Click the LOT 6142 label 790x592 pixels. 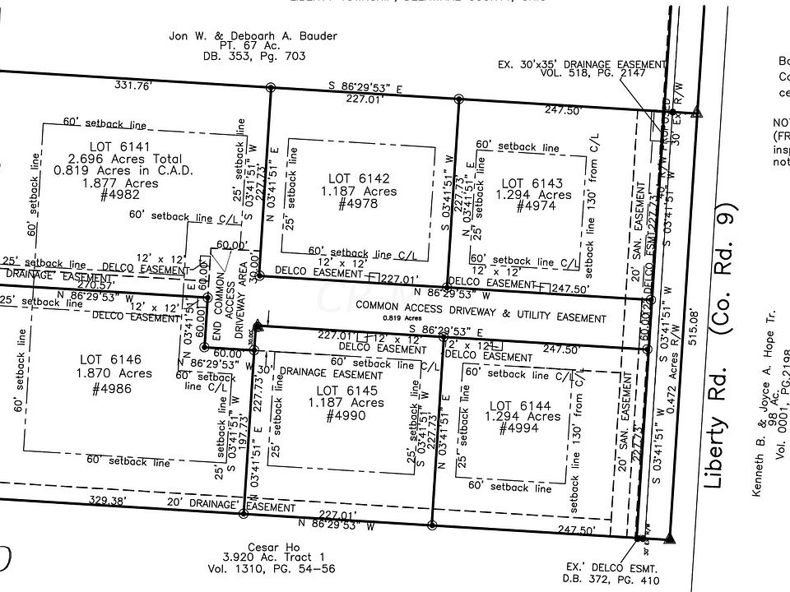tap(358, 178)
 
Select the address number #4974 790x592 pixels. tap(536, 207)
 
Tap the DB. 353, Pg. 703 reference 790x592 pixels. tap(254, 57)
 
